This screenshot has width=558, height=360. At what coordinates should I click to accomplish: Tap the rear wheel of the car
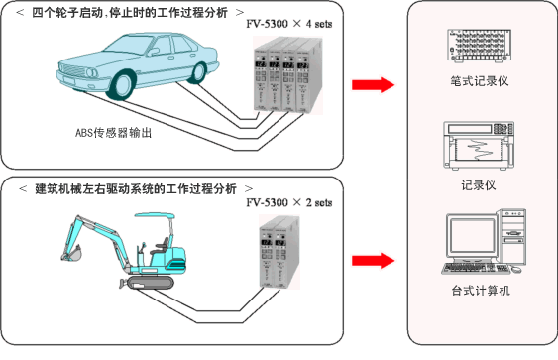198,72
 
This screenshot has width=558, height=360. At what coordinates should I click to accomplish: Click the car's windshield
130,46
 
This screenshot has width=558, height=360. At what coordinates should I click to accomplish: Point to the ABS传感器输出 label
114,133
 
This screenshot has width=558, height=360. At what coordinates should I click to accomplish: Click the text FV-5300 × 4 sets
289,24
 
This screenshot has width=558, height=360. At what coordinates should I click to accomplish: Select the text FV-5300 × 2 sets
289,202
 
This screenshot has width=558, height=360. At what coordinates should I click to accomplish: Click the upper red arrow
374,85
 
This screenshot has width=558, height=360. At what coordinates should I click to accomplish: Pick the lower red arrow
374,261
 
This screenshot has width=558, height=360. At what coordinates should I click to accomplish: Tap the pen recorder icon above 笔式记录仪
480,46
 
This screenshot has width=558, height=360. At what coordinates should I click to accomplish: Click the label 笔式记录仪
480,81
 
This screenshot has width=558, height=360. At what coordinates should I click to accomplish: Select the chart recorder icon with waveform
479,146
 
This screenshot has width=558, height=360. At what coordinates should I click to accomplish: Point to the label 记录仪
479,185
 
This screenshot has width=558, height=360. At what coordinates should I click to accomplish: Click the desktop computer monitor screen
472,236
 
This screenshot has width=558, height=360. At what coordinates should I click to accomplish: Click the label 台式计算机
481,291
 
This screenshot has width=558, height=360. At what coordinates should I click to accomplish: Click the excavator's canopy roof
154,216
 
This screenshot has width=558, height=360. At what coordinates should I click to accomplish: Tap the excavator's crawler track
151,283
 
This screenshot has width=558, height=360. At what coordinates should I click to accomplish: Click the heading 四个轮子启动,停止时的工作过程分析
130,13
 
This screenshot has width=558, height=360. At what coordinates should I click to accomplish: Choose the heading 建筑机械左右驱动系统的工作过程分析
136,188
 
